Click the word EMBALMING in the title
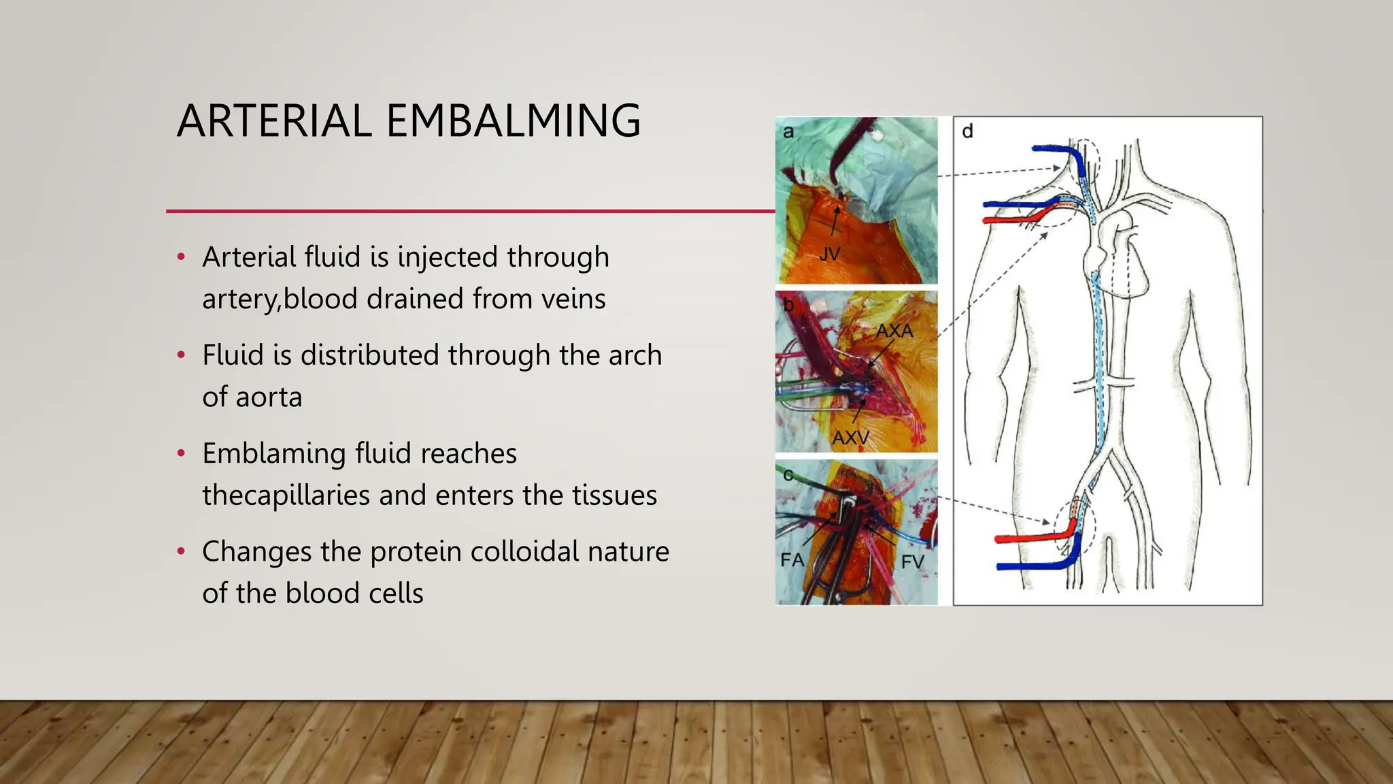tap(514, 121)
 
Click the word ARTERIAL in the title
tap(274, 121)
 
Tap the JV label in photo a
tap(830, 255)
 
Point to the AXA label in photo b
tap(894, 331)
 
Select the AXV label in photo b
tap(850, 438)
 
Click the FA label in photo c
tap(792, 560)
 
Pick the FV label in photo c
tap(912, 561)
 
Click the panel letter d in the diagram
tap(967, 131)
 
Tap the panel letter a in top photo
tap(788, 131)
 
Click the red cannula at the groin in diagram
tap(1027, 538)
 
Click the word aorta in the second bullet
tap(269, 397)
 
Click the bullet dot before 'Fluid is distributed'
tap(181, 355)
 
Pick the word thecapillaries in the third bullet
tap(286, 495)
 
